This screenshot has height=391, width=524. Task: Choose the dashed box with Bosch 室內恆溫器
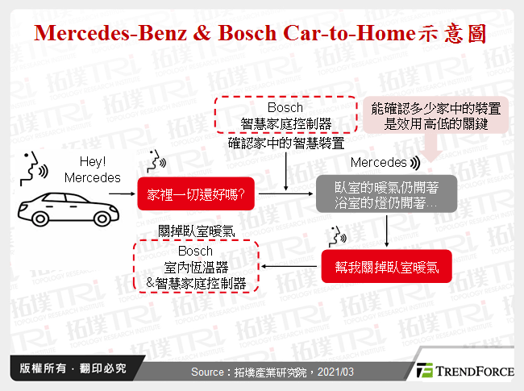point(196,266)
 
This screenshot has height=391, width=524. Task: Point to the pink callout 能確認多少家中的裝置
point(436,116)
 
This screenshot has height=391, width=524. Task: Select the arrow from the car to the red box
point(122,194)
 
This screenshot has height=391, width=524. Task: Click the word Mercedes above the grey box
point(378,163)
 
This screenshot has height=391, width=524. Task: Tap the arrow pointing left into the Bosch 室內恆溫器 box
point(290,267)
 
